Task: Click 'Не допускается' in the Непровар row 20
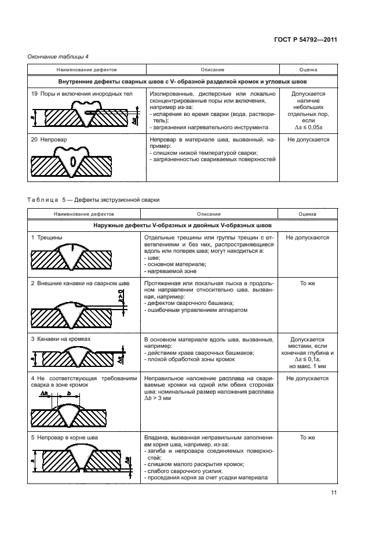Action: [308, 140]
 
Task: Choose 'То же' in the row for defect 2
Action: [307, 283]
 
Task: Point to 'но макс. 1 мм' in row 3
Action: [308, 366]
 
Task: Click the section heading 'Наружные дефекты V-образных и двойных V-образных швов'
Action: [183, 225]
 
